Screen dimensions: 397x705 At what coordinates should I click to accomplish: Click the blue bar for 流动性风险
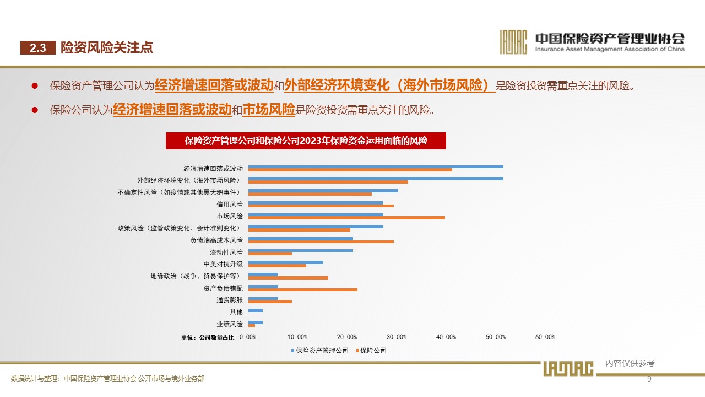(301, 250)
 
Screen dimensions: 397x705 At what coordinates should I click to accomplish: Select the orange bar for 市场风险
(346, 218)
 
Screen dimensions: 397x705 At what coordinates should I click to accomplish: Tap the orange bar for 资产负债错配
(303, 289)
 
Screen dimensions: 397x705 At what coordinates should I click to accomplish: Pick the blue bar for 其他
(256, 310)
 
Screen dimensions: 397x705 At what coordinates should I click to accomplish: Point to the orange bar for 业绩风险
(252, 325)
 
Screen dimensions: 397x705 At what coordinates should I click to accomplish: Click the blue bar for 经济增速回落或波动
(376, 167)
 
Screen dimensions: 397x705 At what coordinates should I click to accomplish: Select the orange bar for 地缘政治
(288, 277)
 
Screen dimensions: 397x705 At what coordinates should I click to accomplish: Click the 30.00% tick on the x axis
(397, 337)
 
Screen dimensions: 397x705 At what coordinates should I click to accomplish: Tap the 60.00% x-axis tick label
(545, 337)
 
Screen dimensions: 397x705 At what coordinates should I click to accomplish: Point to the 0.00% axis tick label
(248, 337)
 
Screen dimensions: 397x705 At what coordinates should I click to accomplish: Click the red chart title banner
(306, 141)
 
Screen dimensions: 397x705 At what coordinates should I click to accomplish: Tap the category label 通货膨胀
(230, 301)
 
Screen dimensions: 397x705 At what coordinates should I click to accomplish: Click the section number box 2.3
(38, 48)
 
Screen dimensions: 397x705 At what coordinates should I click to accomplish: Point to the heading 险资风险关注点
(106, 48)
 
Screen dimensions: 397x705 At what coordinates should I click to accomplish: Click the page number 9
(649, 379)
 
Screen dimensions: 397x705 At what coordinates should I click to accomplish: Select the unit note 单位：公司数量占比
(208, 337)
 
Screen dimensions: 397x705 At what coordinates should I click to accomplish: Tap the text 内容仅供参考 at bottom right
(630, 363)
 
